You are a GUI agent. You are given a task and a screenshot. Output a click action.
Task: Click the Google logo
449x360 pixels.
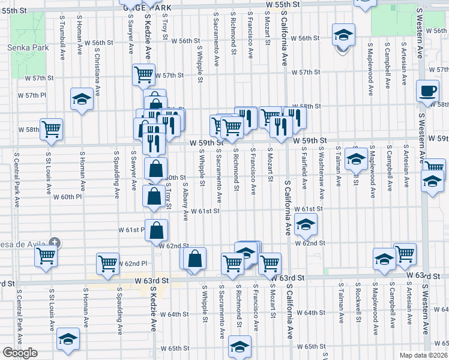[x=20, y=353]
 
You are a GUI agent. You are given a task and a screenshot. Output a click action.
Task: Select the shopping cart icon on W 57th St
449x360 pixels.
[x=144, y=75]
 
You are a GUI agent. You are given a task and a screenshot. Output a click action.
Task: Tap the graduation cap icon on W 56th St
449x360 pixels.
[x=344, y=35]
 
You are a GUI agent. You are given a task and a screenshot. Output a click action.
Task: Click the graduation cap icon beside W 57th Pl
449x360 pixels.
[x=82, y=100]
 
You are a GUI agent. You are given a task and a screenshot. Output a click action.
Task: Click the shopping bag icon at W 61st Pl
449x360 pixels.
[x=157, y=230]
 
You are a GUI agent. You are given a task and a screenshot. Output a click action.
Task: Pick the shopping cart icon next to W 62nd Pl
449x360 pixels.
[x=107, y=264]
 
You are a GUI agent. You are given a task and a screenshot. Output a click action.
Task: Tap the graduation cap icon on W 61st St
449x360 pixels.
[x=306, y=225]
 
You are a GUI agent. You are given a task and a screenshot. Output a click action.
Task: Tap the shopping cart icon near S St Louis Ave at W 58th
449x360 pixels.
[x=52, y=129]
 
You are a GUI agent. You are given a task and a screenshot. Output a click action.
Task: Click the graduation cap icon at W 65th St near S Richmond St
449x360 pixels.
[x=240, y=347]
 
